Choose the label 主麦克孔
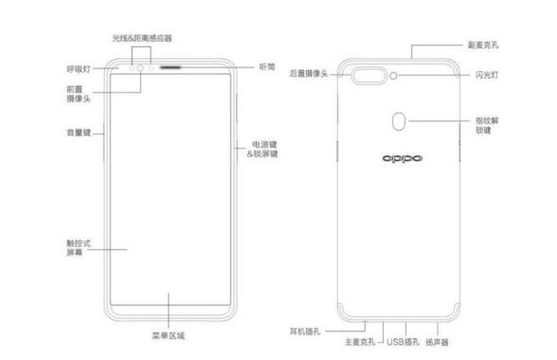pos(359,342)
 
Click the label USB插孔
pos(404,342)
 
